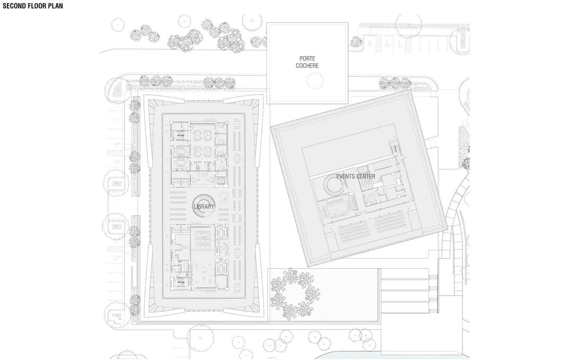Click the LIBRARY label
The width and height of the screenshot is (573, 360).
204,206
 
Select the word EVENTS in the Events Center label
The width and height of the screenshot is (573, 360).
346,176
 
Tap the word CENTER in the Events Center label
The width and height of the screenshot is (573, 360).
366,176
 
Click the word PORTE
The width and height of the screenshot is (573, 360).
307,58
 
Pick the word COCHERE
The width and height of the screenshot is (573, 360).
307,66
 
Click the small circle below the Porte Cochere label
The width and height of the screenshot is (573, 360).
315,81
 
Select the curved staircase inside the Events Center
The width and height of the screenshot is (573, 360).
334,186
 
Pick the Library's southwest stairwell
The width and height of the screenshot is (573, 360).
180,280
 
